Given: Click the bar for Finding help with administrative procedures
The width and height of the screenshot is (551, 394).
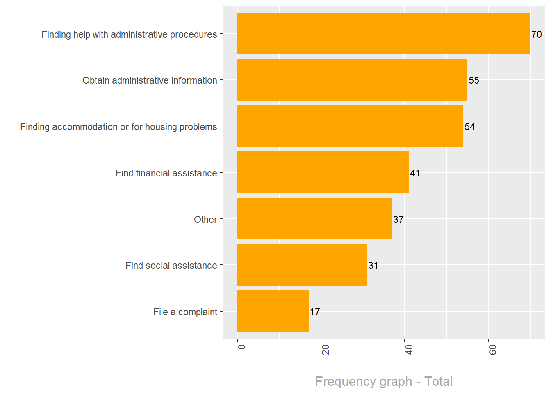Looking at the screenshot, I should [383, 34].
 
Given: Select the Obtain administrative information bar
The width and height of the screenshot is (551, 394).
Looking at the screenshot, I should [352, 80].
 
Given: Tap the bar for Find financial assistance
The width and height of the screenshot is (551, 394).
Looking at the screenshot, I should [323, 172].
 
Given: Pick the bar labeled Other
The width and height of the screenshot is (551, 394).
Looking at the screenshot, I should [314, 219].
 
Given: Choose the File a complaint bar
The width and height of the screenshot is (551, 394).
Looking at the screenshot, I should [273, 311].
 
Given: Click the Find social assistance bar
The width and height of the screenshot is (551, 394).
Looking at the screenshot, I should [302, 265].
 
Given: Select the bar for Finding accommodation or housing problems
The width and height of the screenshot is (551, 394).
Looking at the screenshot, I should [350, 126].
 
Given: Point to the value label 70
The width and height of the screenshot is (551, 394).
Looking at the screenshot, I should [537, 34].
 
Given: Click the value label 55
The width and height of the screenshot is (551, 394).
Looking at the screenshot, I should [474, 80].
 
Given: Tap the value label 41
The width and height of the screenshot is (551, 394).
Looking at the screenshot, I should [415, 173].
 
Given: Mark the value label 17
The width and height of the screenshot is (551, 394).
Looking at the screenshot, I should [315, 312].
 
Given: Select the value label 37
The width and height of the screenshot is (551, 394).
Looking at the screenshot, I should [398, 220].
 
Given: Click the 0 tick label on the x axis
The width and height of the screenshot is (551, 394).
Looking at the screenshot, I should [242, 347].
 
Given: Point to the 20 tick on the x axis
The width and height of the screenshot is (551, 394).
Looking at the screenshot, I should [326, 350].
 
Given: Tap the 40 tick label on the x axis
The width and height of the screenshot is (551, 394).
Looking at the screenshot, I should [409, 350].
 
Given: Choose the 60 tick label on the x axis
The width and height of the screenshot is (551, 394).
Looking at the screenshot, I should [493, 350].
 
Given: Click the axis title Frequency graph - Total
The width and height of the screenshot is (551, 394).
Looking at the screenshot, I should [384, 381].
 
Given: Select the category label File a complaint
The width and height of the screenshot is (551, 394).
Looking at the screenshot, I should [185, 312].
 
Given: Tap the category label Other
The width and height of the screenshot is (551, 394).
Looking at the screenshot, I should [205, 220].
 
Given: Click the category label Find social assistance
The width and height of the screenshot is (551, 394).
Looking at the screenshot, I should [171, 266].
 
